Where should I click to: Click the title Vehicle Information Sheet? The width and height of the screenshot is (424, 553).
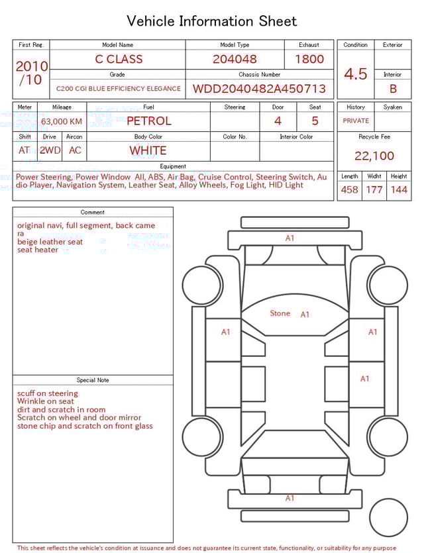(212, 21)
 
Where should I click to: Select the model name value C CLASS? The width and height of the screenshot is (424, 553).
(119, 59)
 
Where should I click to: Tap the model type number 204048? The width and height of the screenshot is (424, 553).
(235, 59)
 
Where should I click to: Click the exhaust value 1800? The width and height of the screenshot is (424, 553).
(309, 59)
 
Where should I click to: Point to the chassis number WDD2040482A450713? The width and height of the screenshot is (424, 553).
(259, 89)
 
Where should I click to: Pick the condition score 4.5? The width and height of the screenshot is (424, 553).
(356, 74)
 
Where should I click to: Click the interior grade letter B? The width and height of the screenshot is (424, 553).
(393, 89)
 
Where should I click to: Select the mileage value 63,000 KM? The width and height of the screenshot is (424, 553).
(62, 121)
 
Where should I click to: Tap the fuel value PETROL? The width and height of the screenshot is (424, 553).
(149, 121)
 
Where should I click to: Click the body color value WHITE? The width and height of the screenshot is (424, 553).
(148, 150)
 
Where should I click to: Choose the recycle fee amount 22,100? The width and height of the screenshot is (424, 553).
(374, 156)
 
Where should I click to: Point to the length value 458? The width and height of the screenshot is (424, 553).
(349, 190)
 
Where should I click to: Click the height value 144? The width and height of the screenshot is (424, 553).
(399, 190)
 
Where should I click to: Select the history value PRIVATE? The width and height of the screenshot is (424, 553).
(356, 121)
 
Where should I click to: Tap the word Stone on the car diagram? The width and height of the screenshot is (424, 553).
(280, 313)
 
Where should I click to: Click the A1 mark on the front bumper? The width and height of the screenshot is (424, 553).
(290, 238)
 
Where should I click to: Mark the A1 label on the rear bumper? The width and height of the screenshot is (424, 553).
(290, 498)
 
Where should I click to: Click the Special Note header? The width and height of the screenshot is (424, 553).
(93, 380)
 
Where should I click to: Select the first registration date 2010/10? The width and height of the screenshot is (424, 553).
(31, 73)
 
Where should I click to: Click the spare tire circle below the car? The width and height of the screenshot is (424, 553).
(388, 518)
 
